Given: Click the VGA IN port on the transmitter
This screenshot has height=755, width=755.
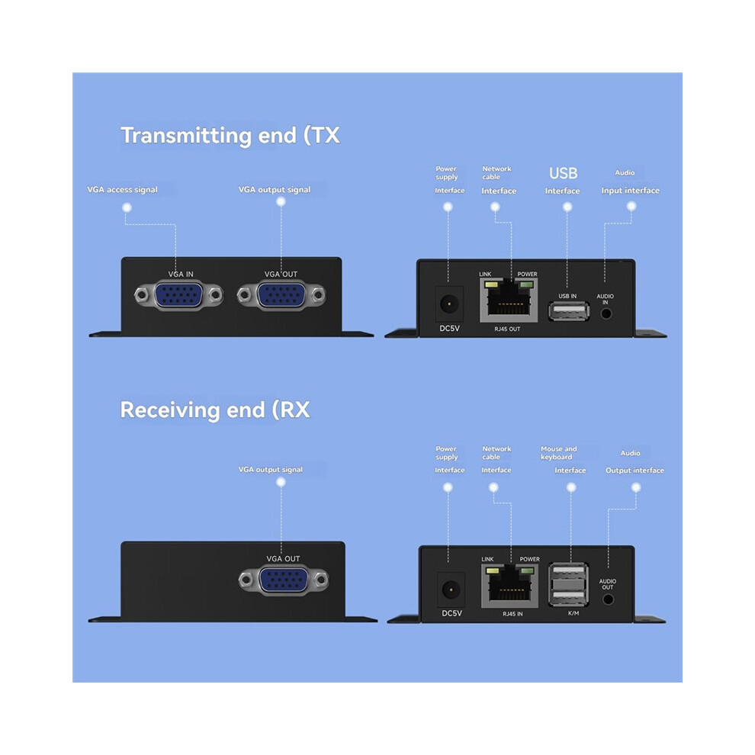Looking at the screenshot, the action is click(x=178, y=295).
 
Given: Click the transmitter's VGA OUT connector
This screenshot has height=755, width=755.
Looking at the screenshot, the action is click(x=281, y=295).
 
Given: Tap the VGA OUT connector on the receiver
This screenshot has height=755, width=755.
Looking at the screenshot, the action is click(x=284, y=580).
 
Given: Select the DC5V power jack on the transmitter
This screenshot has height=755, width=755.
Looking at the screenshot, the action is click(x=449, y=304).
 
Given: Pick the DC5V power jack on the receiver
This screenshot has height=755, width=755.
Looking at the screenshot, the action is click(x=451, y=590).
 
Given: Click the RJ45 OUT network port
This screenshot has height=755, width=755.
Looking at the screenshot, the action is click(x=509, y=300).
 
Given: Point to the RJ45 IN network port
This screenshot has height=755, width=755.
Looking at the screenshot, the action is click(x=510, y=586).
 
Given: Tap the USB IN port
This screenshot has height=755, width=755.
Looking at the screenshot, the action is click(x=569, y=312).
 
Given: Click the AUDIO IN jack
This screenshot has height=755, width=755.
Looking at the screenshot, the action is click(x=606, y=313).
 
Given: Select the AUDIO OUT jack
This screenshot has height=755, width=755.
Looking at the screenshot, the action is click(x=608, y=599).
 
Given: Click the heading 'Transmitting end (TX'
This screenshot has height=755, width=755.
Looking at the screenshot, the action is click(x=230, y=136).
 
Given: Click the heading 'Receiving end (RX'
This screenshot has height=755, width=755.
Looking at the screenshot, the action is click(x=215, y=410).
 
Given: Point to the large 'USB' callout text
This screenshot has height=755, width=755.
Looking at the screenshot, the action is click(x=563, y=173).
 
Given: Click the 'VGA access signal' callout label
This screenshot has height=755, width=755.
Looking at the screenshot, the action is click(x=122, y=190).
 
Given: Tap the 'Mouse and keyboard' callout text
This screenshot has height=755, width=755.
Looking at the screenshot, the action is click(x=558, y=452).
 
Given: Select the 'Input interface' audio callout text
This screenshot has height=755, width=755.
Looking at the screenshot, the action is click(x=630, y=191).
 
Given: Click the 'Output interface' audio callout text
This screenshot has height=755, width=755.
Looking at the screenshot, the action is click(x=635, y=471).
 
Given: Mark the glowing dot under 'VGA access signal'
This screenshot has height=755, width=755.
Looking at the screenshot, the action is click(x=127, y=207).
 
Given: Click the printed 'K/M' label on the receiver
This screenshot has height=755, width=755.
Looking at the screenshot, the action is click(x=573, y=613).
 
